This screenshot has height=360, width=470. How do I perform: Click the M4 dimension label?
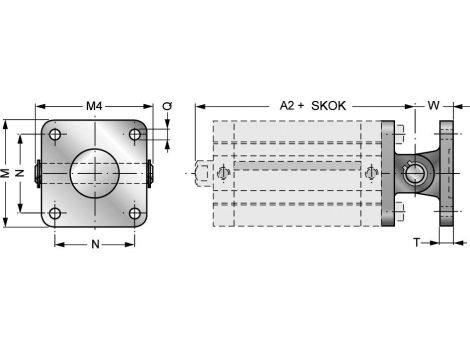point(94,105)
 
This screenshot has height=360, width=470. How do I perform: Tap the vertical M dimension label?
point(7,173)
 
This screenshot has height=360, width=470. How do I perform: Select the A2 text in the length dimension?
point(287,105)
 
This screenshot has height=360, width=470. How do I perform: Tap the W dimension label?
point(433,105)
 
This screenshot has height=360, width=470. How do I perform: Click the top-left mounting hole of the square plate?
point(55,135)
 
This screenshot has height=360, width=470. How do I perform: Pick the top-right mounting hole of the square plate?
point(134,135)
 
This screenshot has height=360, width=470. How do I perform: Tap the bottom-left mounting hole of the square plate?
point(55,212)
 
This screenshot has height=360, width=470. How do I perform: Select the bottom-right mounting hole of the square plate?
point(134,212)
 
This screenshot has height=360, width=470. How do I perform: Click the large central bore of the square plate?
point(94,173)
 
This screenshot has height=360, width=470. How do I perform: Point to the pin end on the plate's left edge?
point(37,173)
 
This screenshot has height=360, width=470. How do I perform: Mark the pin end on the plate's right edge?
point(151,173)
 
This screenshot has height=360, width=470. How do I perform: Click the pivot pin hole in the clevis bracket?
point(415,174)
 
